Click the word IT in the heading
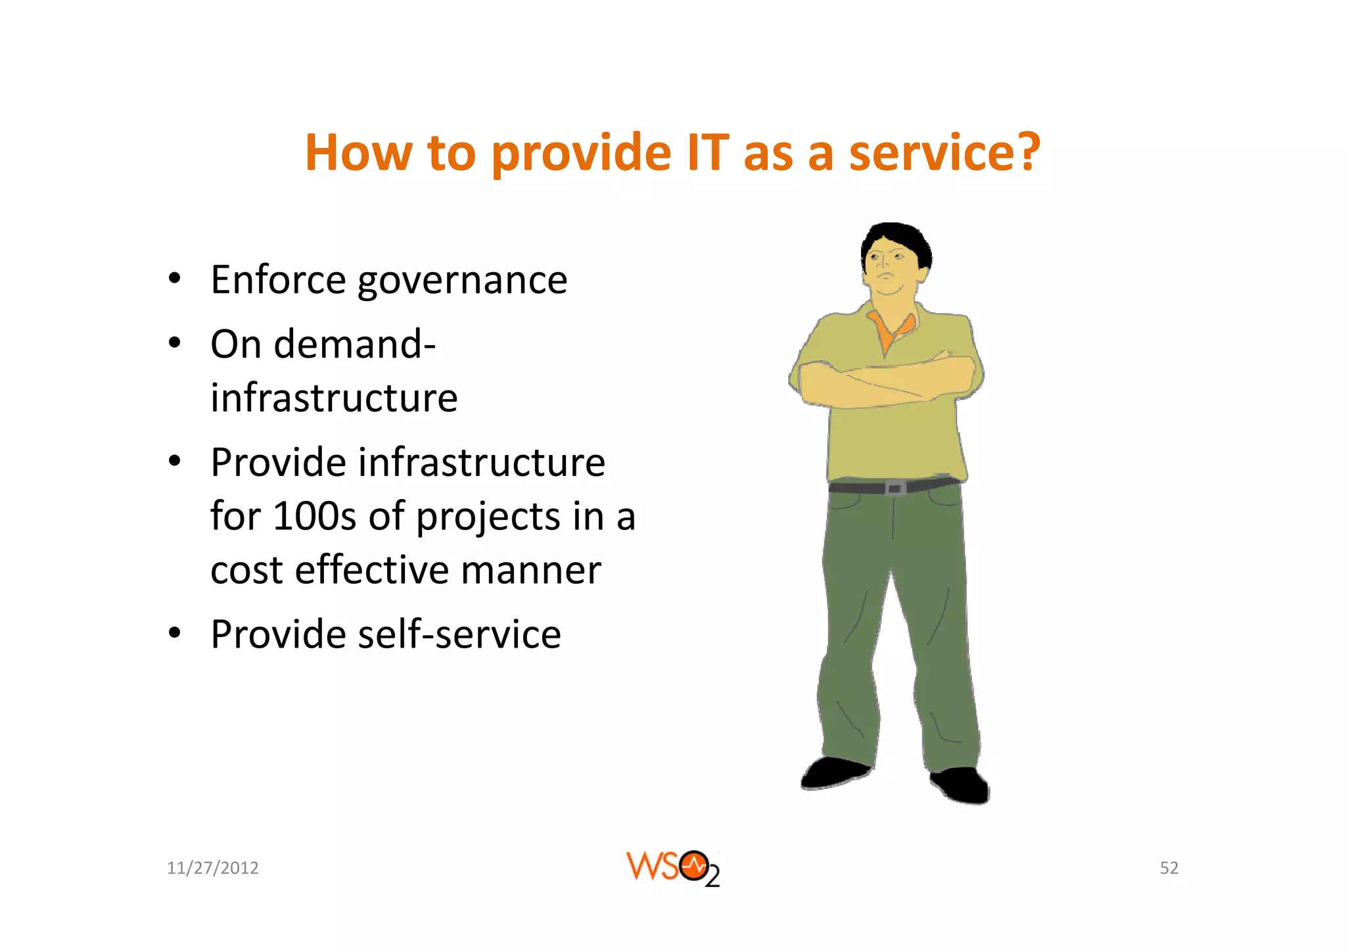tap(707, 153)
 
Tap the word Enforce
tap(278, 280)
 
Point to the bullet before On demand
tap(174, 343)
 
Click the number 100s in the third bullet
tap(314, 516)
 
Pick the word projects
tap(488, 517)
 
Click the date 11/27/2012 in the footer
tap(212, 868)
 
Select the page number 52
tap(1169, 868)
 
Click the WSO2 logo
tap(672, 868)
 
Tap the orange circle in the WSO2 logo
tap(694, 866)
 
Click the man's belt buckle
tap(894, 488)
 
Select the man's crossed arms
tap(884, 380)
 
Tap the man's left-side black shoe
tap(833, 773)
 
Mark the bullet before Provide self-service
tap(174, 633)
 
